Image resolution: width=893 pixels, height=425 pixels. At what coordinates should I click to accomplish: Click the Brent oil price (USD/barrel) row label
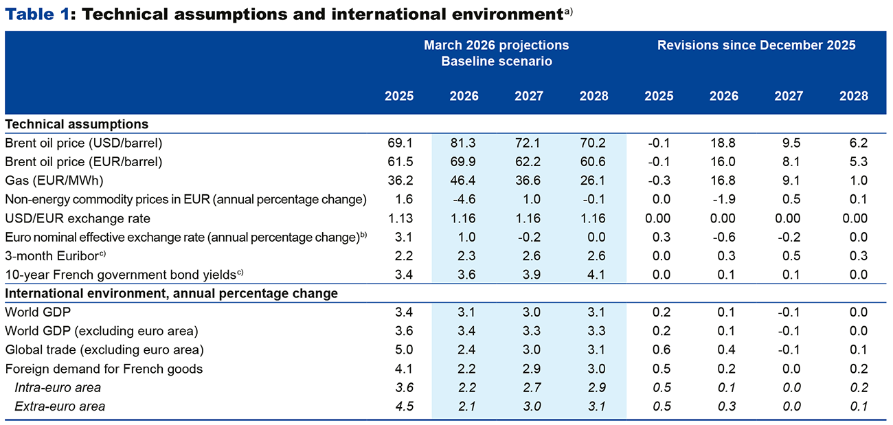(x=84, y=143)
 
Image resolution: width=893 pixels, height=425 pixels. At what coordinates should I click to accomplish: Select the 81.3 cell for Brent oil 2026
(x=463, y=143)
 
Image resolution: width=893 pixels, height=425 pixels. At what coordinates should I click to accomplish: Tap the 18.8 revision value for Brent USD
(x=723, y=143)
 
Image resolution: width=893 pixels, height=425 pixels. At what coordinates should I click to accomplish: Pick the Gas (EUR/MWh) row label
(x=54, y=181)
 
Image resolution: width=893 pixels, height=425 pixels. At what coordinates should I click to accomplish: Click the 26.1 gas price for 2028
(x=593, y=181)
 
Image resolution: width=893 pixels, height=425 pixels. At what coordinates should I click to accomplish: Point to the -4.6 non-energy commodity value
(x=464, y=199)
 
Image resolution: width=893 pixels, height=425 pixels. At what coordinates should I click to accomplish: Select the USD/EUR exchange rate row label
(x=78, y=218)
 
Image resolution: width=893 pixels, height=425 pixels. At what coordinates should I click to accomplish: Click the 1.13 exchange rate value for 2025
(x=400, y=218)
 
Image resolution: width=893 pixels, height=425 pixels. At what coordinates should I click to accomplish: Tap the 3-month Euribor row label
(x=56, y=255)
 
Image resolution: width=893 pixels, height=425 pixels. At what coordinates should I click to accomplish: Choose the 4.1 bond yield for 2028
(x=596, y=275)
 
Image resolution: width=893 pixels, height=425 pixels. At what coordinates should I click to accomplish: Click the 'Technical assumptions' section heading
(x=76, y=124)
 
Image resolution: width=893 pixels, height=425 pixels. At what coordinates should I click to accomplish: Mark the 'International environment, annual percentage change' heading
(x=172, y=294)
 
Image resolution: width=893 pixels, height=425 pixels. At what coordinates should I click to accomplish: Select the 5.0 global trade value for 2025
(x=404, y=349)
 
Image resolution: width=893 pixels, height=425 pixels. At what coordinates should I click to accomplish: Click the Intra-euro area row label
(x=58, y=387)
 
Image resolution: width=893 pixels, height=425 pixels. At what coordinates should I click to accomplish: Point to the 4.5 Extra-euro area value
(x=404, y=406)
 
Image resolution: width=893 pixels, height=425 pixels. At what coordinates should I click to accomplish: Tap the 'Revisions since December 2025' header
(x=756, y=45)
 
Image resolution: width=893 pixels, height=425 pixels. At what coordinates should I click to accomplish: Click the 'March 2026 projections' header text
(x=497, y=45)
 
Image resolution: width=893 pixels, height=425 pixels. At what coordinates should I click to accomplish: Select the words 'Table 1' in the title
(x=37, y=14)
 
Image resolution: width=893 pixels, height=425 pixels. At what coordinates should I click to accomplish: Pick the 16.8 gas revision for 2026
(x=723, y=181)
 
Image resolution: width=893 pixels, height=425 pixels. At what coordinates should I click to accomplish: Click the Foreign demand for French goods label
(x=104, y=369)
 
